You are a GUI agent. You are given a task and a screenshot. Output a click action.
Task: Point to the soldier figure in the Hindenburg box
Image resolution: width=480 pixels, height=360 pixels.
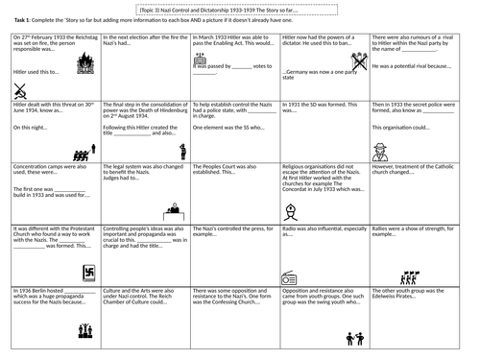[182, 150]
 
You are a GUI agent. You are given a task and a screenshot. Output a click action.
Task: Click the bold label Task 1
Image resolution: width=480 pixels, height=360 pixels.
[19, 17]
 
